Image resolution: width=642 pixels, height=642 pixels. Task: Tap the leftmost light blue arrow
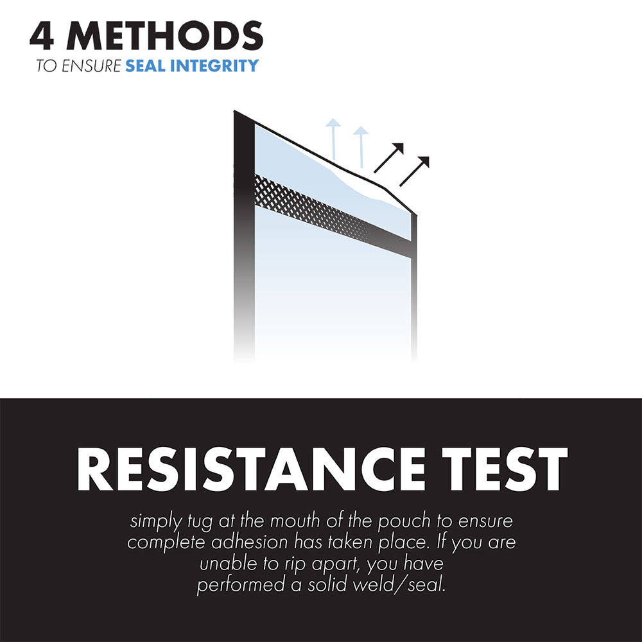click(x=331, y=137)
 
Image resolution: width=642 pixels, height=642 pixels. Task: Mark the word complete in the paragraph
click(x=166, y=542)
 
